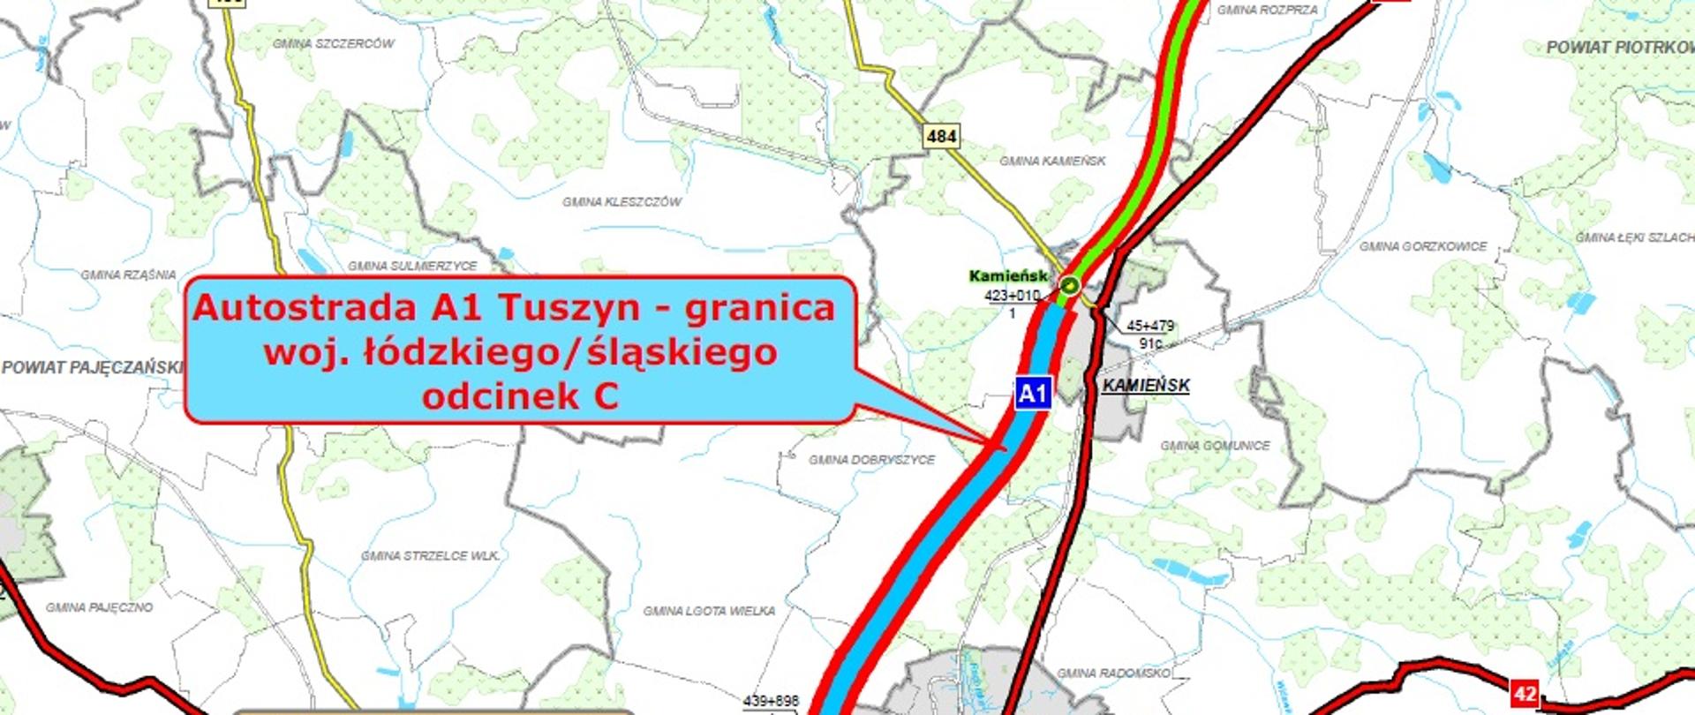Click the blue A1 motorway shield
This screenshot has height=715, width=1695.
(1033, 393)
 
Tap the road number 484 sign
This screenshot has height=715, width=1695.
(942, 136)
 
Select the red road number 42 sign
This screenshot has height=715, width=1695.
(1525, 694)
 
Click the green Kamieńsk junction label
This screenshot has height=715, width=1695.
(1008, 276)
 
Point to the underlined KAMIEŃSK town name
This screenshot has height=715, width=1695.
(1146, 386)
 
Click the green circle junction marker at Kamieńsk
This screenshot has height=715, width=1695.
(1070, 284)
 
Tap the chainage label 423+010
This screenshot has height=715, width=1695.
(1012, 296)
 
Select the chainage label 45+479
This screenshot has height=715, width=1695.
(1150, 326)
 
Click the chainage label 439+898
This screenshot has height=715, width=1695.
(771, 701)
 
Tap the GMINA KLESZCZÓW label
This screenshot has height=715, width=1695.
(622, 202)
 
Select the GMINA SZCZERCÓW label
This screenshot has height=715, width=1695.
(333, 43)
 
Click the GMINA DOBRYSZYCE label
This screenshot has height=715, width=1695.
(871, 460)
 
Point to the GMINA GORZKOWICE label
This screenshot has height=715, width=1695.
(1423, 246)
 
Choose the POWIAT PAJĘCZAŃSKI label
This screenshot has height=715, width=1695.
(93, 367)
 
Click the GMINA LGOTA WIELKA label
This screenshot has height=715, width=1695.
(709, 611)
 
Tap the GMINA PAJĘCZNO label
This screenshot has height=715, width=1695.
(99, 607)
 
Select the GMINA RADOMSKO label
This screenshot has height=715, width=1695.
(1113, 673)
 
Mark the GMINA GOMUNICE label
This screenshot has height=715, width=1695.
(1215, 446)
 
